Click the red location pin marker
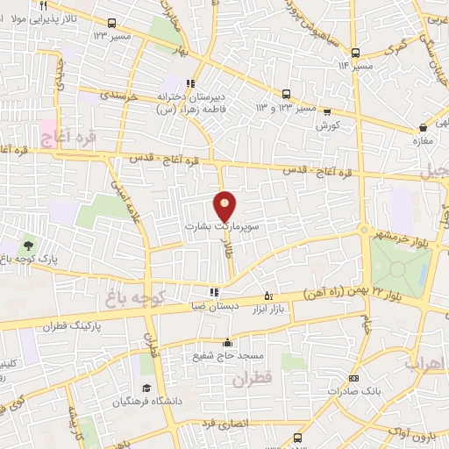225,207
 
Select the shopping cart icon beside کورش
327,111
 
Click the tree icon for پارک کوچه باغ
28,246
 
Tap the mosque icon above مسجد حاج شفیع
227,343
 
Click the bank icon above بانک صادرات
353,379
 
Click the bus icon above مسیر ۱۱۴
354,53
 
